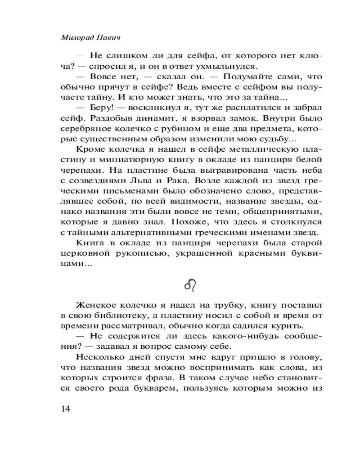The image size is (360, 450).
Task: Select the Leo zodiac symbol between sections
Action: [x=191, y=285]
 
